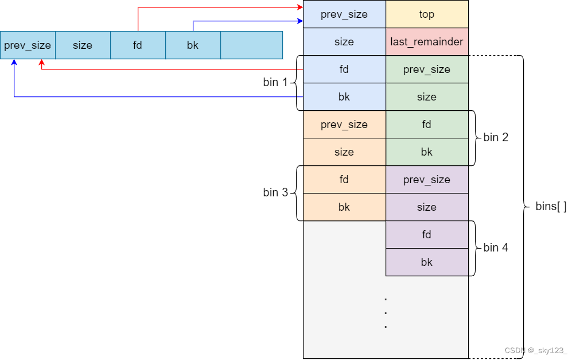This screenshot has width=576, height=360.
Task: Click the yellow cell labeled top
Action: (427, 14)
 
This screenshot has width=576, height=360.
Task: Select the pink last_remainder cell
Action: (427, 42)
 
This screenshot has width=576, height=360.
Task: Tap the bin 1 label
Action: (275, 83)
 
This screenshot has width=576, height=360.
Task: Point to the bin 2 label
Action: (496, 138)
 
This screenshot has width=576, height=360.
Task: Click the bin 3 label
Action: (275, 193)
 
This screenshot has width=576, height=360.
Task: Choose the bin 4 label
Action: (496, 248)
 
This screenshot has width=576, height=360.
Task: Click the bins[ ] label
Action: (551, 207)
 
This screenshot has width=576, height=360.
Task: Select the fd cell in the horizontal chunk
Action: (138, 45)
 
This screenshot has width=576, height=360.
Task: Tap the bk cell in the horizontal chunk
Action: (193, 45)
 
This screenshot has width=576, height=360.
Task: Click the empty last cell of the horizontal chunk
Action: (251, 45)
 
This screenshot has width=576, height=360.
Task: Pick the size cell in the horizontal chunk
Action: (83, 45)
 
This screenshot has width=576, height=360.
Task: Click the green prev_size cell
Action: (427, 69)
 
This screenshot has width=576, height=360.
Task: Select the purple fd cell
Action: (427, 235)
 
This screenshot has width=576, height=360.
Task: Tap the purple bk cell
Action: (427, 262)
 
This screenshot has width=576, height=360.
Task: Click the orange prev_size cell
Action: (344, 125)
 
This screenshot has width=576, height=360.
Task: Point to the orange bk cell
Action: (344, 207)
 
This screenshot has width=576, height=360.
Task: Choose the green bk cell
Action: (427, 152)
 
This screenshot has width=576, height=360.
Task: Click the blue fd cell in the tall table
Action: (344, 69)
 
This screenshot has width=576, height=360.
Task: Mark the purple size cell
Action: (427, 207)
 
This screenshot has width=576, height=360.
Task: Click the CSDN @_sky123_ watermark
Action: (536, 351)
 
